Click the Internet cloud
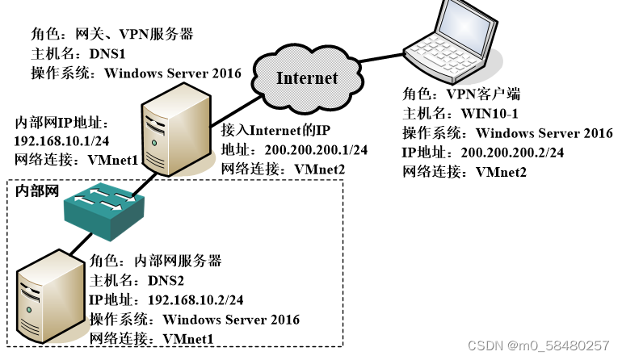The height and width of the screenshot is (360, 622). point(307,78)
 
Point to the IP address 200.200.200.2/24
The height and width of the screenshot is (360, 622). point(512,153)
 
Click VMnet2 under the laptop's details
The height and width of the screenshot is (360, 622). point(500,172)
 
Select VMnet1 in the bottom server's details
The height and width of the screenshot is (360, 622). point(187,338)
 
